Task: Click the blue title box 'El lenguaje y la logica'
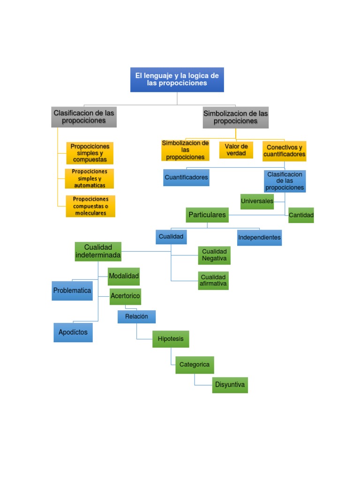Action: [x=177, y=79]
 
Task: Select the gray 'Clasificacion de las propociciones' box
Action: [x=84, y=117]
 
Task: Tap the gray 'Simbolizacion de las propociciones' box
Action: [x=236, y=117]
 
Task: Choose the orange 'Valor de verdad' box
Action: [x=236, y=150]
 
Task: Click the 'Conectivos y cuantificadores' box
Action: [x=284, y=151]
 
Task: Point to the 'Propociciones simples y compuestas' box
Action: [x=90, y=153]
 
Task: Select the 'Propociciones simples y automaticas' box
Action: [x=90, y=179]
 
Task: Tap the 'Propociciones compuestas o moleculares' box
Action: [x=90, y=206]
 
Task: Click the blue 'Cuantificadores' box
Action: [x=186, y=178]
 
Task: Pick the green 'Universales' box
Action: [x=257, y=202]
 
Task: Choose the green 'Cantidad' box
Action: [x=301, y=215]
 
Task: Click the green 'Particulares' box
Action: [x=207, y=215]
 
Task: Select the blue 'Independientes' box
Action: [x=259, y=238]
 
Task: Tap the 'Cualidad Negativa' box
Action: [x=214, y=255]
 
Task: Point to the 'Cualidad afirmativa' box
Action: [x=213, y=280]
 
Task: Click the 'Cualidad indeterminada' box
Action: [x=98, y=252]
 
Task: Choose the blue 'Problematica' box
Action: [x=72, y=291]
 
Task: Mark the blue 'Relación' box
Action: [x=136, y=317]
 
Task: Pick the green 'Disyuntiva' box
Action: [x=230, y=385]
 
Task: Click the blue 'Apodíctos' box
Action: [x=73, y=332]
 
